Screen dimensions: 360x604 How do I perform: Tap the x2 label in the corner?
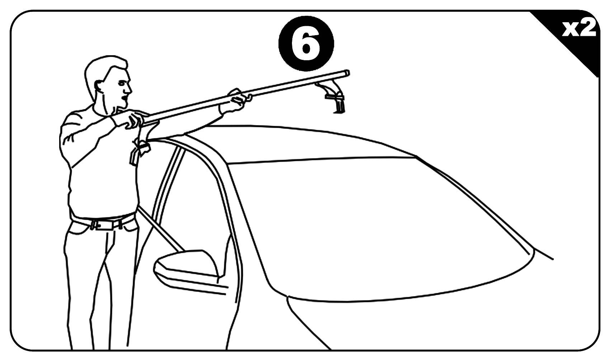coord(578,29)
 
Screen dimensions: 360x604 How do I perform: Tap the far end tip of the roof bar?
coord(347,73)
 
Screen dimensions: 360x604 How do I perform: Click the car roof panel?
coord(305,143)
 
